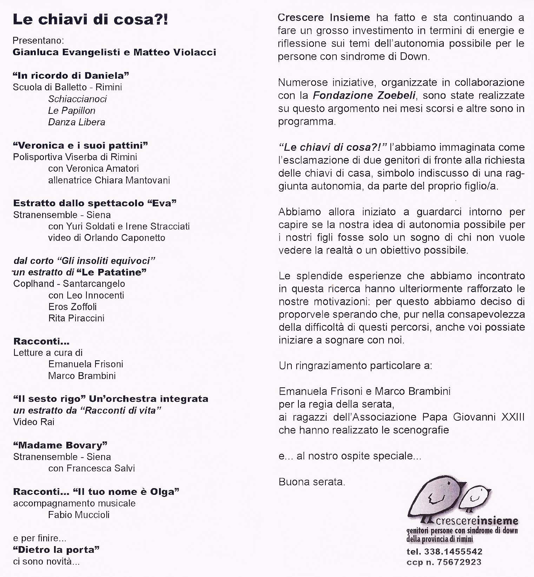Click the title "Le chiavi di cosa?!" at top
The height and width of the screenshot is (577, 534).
point(90,20)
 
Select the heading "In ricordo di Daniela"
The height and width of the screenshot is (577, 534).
point(71,76)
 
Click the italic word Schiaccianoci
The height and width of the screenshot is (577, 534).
point(77,99)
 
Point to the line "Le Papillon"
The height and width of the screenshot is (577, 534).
point(72,111)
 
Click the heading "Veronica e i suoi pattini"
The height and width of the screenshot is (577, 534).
point(80,145)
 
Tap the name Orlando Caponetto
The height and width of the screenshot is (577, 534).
point(125,238)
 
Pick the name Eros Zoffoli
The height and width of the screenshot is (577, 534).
point(72,307)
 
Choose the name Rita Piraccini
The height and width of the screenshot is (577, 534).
point(76,318)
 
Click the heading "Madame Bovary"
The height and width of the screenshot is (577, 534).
point(60,445)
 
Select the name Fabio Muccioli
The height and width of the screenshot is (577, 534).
point(79,515)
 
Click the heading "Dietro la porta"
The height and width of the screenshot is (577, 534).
point(56,550)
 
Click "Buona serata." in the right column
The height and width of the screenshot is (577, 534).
point(312,482)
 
